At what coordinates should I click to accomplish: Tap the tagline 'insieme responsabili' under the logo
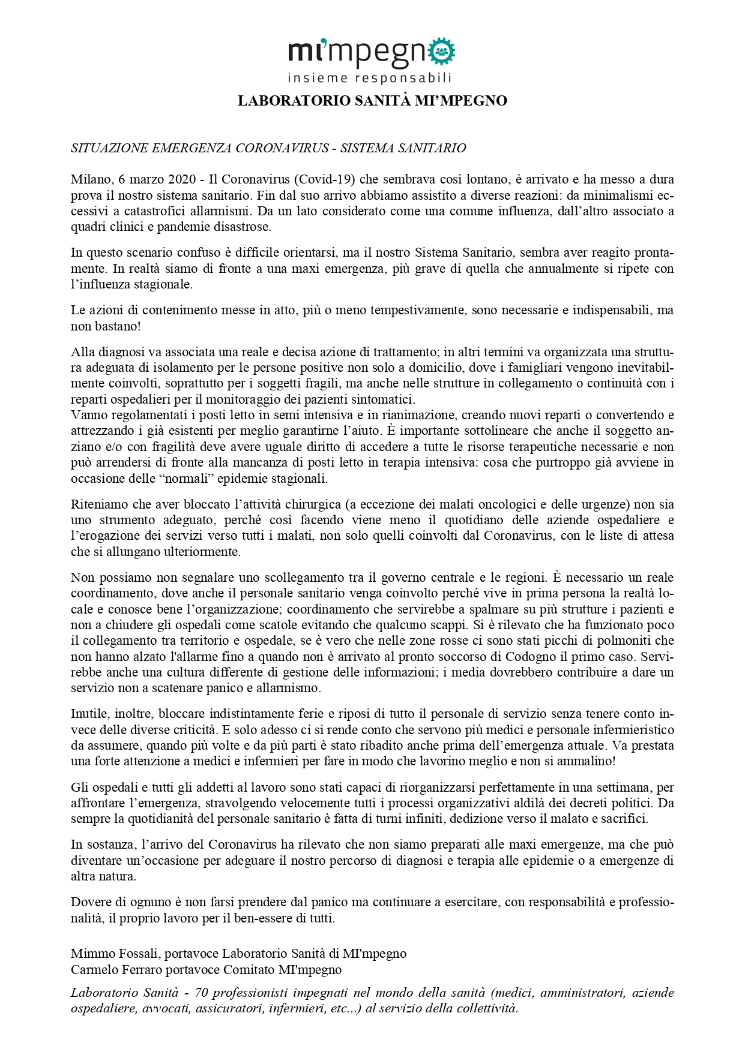(369, 78)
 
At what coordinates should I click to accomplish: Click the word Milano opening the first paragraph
(91, 179)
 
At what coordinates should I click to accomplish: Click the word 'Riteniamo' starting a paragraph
(97, 504)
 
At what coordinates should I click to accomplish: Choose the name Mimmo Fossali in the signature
(115, 954)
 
